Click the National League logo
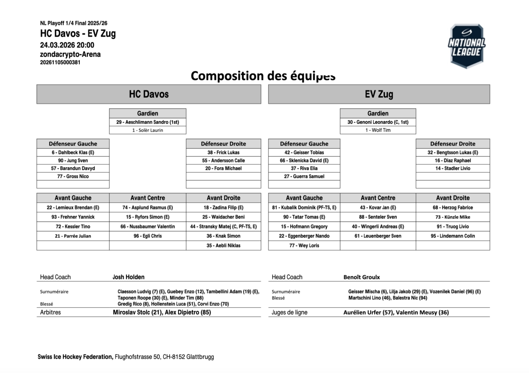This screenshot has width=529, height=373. click(x=466, y=45)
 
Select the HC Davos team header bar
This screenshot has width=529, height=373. click(x=149, y=94)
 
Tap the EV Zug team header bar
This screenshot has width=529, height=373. click(x=379, y=94)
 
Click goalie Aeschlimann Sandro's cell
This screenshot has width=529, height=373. click(x=148, y=122)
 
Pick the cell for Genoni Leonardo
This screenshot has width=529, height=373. click(x=378, y=122)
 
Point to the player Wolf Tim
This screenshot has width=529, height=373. click(x=378, y=130)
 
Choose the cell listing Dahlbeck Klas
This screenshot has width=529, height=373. click(x=73, y=153)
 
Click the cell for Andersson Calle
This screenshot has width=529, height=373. click(x=224, y=160)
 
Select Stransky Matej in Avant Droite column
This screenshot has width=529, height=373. click(x=224, y=227)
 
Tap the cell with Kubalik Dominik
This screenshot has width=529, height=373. click(x=304, y=208)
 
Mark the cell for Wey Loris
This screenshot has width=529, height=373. click(x=304, y=246)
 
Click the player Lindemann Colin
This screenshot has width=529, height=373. click(x=453, y=236)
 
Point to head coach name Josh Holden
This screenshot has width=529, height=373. click(x=128, y=277)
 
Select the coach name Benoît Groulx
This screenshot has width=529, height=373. click(x=361, y=277)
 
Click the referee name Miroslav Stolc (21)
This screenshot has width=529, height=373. click(x=138, y=313)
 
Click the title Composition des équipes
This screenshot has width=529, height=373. click(x=263, y=76)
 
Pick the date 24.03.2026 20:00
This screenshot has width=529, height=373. click(x=67, y=45)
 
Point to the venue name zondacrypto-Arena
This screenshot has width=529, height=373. click(x=70, y=54)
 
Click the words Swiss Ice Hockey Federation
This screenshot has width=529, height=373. click(x=75, y=357)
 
